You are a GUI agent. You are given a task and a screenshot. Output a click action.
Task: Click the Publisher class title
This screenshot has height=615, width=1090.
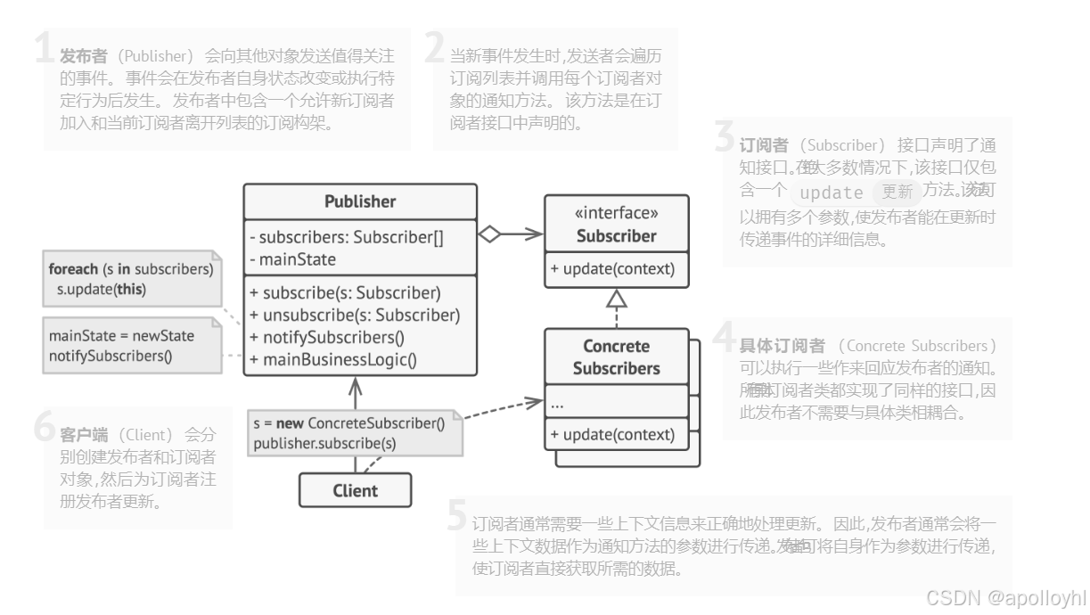click(360, 201)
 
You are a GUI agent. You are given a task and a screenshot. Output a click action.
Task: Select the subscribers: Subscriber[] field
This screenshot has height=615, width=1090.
click(347, 237)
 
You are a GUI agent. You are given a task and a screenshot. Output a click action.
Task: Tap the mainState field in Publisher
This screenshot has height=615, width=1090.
click(292, 259)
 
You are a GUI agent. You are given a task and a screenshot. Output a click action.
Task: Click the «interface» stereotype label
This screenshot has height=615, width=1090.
click(616, 214)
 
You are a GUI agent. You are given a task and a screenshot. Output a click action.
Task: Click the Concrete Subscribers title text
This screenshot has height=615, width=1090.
click(616, 357)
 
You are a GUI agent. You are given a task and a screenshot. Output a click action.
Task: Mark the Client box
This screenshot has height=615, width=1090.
click(355, 490)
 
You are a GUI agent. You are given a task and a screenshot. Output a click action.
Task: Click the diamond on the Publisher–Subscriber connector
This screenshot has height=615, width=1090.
click(489, 234)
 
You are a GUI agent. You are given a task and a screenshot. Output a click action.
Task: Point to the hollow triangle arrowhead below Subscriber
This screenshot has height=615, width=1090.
click(616, 299)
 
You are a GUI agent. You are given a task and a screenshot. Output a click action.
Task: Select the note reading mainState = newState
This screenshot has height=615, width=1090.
click(131, 346)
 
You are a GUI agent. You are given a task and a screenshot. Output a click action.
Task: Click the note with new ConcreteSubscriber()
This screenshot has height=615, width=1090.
click(355, 432)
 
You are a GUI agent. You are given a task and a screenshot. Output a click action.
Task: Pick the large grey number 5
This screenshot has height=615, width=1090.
click(457, 516)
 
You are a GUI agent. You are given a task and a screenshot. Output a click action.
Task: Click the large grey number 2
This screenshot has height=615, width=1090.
click(434, 47)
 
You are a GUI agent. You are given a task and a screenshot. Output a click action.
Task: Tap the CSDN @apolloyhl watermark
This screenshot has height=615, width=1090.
click(1005, 597)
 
